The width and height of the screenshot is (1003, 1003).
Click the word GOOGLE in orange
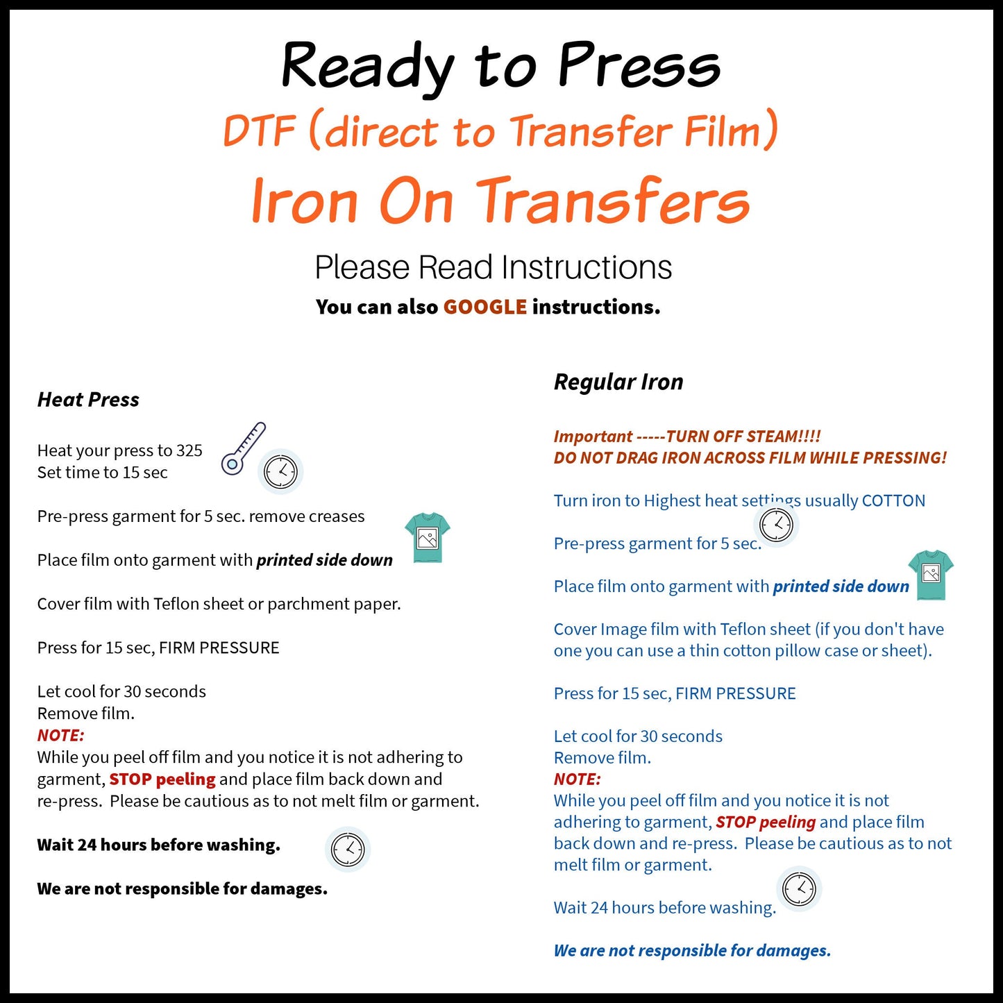[484, 307]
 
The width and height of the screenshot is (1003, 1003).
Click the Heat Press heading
[88, 400]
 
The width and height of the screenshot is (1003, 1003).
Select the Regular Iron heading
[618, 382]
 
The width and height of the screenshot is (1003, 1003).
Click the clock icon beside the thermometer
[280, 472]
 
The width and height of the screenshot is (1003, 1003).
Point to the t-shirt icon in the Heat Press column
[428, 537]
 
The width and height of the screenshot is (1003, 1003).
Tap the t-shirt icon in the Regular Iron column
[931, 574]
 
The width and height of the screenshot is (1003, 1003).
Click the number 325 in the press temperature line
[189, 450]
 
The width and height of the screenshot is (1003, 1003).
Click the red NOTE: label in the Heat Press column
[60, 735]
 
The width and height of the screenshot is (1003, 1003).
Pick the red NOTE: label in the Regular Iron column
[577, 779]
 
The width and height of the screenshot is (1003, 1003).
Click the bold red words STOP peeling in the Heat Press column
[162, 779]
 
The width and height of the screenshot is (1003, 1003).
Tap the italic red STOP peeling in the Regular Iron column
[766, 822]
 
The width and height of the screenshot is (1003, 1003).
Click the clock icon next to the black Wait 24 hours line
[348, 849]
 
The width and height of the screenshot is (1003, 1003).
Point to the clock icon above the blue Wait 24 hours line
[800, 888]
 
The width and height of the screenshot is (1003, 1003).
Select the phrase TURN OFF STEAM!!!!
[743, 437]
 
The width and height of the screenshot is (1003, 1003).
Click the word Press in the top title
[639, 66]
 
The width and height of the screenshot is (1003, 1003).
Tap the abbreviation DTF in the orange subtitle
[259, 131]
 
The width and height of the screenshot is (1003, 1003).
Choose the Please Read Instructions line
[493, 267]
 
